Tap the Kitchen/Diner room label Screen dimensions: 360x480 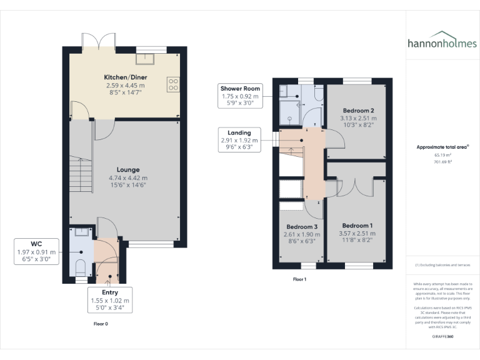(124, 77)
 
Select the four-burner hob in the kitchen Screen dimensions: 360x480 (172, 84)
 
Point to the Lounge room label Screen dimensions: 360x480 (128, 169)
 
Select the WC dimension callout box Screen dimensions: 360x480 (37, 252)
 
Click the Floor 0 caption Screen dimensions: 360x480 (101, 324)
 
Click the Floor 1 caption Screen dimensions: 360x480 (300, 279)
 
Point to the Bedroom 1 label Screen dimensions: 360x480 (358, 226)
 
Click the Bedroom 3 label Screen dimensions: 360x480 (302, 227)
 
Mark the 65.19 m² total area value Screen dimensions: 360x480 (442, 154)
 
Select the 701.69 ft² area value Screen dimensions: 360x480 (442, 161)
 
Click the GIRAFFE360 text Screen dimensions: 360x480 (442, 336)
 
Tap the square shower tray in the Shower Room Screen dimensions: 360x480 (289, 112)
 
